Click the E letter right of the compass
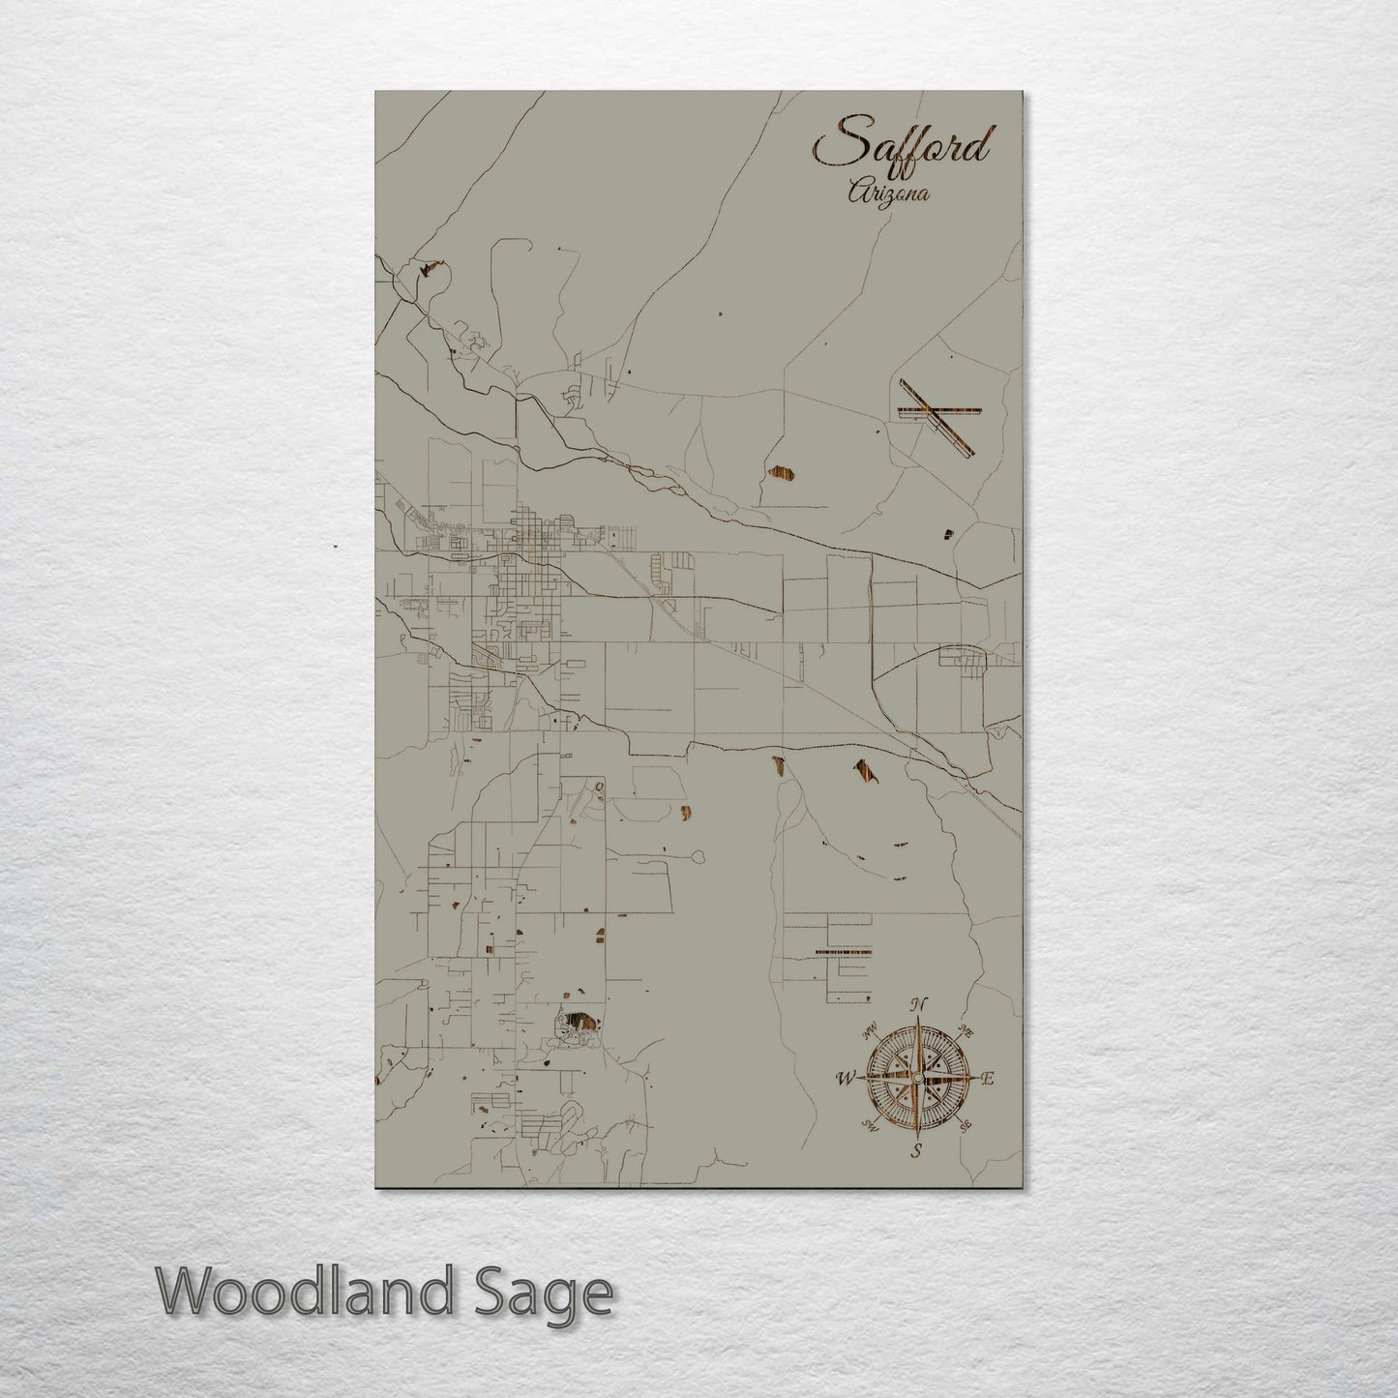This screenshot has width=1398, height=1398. point(988,1079)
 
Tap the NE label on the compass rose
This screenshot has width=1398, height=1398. point(965,1028)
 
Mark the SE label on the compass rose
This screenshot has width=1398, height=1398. point(964,1125)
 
